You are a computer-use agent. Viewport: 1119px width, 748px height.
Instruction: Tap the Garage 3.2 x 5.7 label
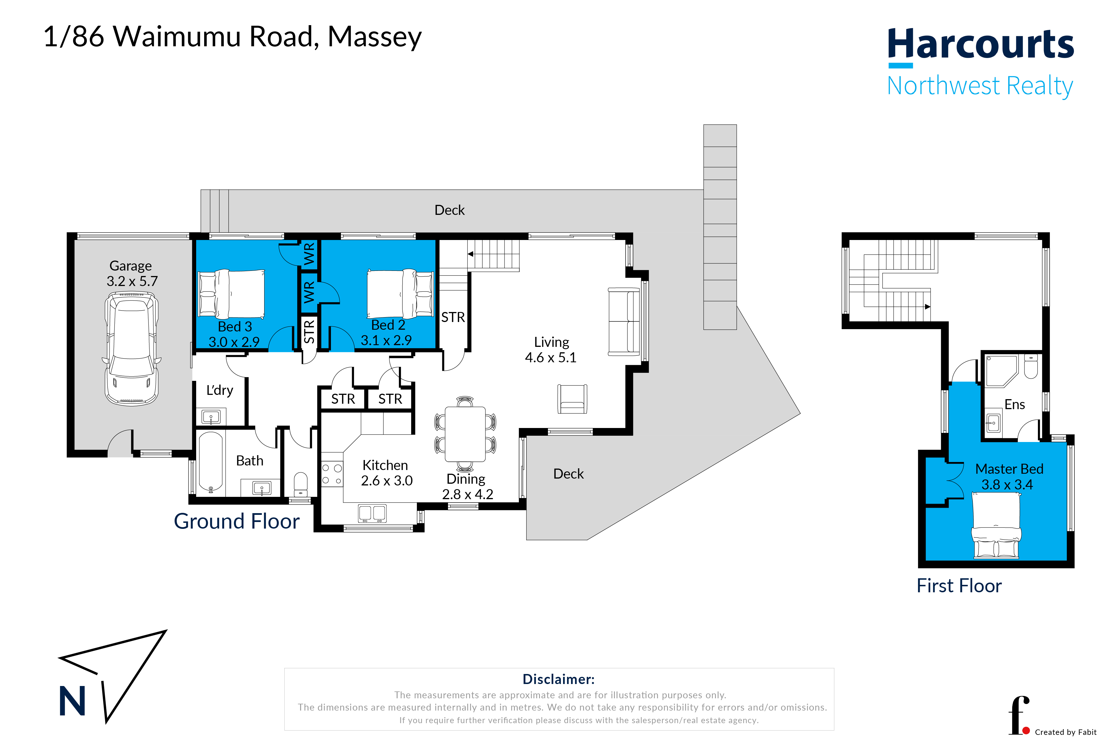pos(132,273)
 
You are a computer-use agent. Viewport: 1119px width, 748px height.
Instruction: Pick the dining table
pos(465,434)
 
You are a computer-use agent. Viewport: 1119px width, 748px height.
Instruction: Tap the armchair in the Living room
pos(572,399)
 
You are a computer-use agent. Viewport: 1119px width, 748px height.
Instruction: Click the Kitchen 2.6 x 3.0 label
pos(386,473)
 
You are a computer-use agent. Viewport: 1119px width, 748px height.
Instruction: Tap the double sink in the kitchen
pos(372,513)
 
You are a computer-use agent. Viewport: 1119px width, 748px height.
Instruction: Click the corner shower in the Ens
pos(1002,371)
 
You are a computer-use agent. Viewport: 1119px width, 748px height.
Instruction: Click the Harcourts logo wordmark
pos(981,44)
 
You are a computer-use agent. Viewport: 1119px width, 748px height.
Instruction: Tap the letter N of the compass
pos(72,701)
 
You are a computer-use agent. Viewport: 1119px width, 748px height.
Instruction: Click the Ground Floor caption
pos(236,521)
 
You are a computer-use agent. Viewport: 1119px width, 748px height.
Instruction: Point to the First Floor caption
pos(959,585)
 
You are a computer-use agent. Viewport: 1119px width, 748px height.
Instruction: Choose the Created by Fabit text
pos(1066,732)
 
